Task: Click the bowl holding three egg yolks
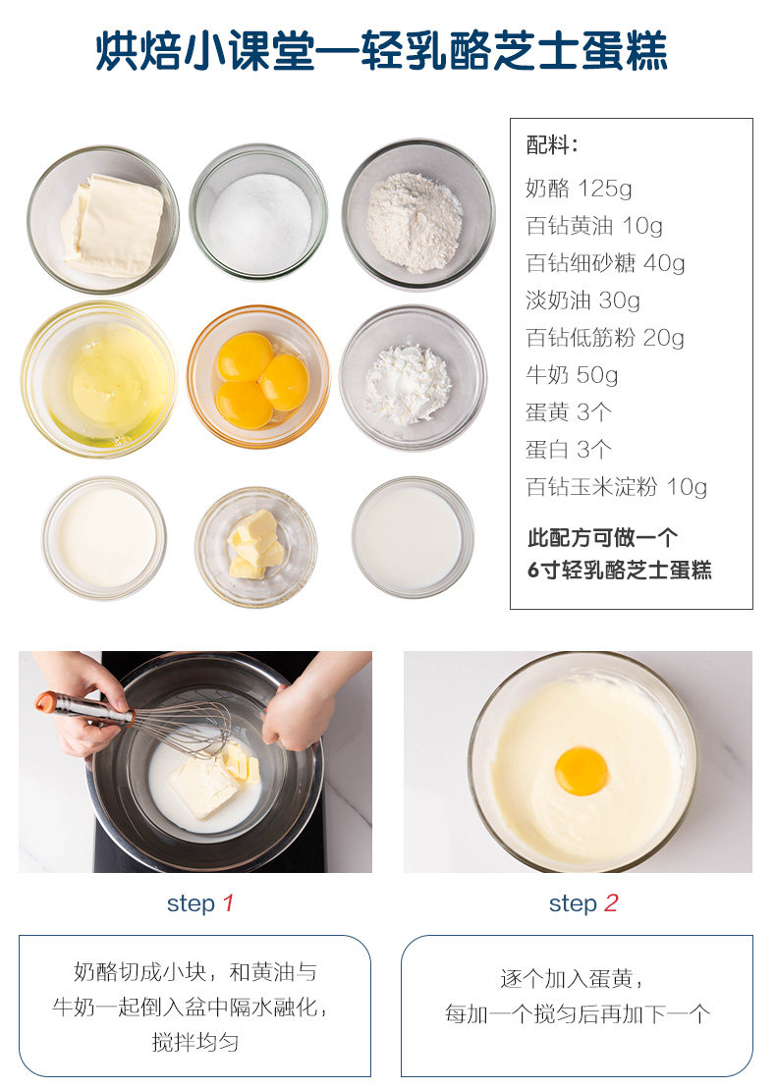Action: [258, 376]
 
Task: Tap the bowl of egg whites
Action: [99, 379]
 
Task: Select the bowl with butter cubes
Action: [256, 546]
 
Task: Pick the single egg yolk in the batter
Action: [582, 771]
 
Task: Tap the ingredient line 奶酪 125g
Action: [579, 188]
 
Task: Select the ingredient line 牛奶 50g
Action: [572, 375]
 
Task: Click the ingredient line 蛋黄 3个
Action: [568, 412]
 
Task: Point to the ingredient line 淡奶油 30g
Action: [582, 300]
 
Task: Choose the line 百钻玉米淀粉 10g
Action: [617, 487]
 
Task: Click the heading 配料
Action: [551, 145]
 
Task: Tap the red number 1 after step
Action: [228, 903]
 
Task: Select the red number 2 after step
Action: [611, 903]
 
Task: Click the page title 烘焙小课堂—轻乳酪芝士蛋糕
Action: [382, 51]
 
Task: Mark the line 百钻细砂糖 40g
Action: [606, 263]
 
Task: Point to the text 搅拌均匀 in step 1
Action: [194, 1042]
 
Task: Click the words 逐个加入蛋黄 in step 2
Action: [566, 979]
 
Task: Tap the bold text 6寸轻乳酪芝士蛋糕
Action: [620, 570]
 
